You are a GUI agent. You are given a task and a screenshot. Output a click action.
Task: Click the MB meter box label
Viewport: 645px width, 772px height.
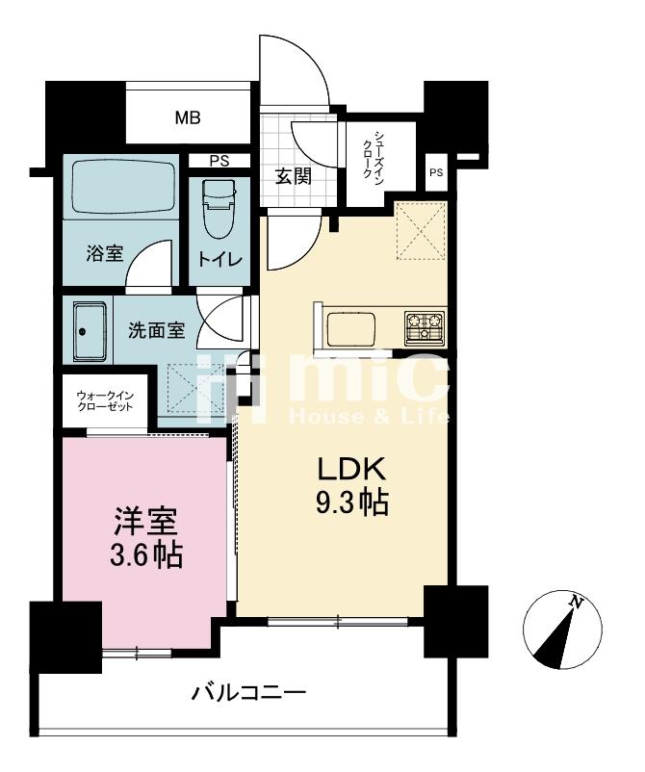[x=188, y=118]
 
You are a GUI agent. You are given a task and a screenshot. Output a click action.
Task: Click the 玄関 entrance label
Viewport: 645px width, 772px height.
[x=293, y=176]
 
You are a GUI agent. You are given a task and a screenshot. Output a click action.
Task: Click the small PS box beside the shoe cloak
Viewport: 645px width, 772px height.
[x=436, y=173]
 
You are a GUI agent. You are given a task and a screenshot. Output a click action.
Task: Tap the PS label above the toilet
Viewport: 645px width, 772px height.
[x=219, y=161]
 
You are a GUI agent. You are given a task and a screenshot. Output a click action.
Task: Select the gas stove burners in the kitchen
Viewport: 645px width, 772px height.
[x=425, y=327]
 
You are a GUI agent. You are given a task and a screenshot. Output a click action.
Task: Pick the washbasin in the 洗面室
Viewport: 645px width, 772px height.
[x=90, y=332]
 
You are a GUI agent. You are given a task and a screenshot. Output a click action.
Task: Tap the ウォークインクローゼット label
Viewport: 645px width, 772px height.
[x=105, y=400]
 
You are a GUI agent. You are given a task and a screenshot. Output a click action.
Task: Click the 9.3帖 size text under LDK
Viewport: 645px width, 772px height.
[x=352, y=502]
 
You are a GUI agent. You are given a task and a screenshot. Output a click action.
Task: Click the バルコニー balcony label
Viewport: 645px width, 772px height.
[x=248, y=694]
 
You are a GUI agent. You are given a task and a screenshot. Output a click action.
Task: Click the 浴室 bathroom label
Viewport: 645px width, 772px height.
[x=104, y=253]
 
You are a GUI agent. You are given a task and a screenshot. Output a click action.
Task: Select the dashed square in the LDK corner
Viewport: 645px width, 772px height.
[x=421, y=229]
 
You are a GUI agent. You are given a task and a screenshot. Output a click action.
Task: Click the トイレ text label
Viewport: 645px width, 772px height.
[x=220, y=260]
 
